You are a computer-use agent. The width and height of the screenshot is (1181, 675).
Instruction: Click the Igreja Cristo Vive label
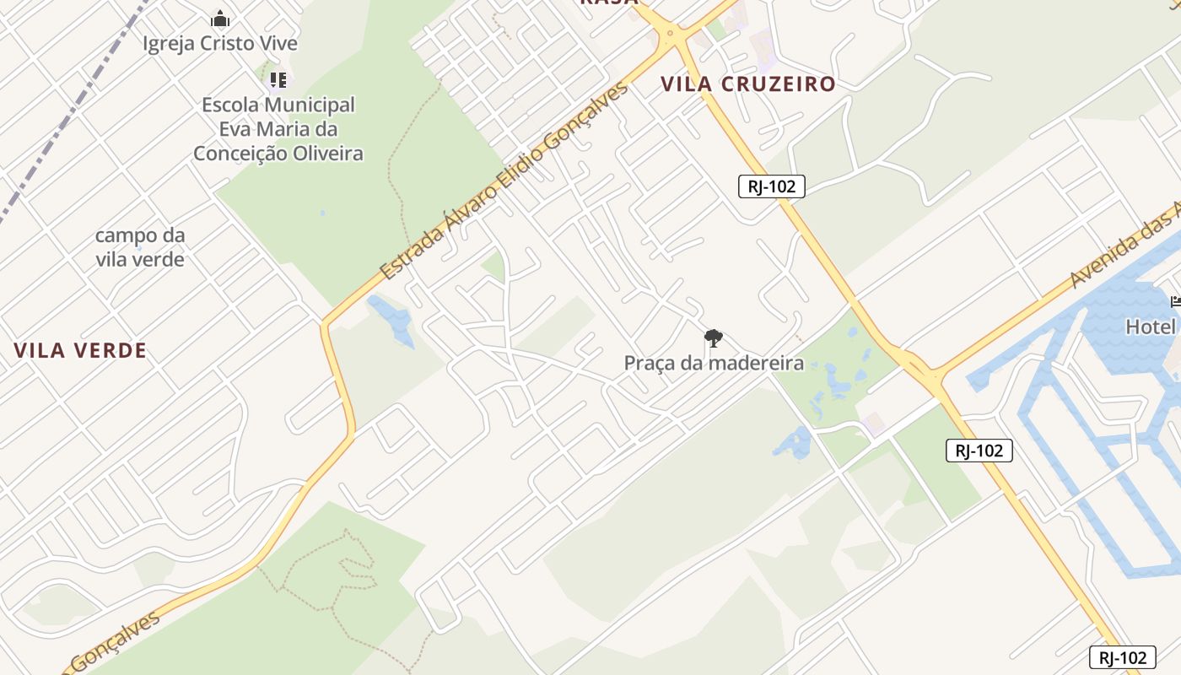click(220, 43)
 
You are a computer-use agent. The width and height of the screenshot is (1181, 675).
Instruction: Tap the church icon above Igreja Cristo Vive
click(220, 18)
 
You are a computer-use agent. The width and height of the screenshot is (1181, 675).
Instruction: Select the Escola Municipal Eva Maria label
click(278, 129)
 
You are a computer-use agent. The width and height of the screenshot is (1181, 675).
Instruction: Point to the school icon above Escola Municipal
click(278, 80)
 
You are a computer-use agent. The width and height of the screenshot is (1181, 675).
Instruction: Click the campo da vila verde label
click(140, 247)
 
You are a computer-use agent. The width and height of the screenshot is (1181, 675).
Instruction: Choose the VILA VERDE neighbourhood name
click(80, 350)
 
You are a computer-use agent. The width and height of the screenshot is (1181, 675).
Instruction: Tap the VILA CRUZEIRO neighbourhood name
click(747, 84)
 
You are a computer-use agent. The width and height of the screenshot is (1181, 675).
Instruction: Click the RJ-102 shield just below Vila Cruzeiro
click(771, 186)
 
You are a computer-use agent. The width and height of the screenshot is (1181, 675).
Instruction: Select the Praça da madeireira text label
click(714, 364)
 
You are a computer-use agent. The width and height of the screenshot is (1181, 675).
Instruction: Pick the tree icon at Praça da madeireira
click(714, 339)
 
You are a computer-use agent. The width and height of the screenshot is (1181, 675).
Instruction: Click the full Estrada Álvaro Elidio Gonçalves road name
click(504, 181)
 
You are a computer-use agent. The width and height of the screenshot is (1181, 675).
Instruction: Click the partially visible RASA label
click(608, 3)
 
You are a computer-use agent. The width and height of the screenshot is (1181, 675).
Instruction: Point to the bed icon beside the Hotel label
click(1175, 302)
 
